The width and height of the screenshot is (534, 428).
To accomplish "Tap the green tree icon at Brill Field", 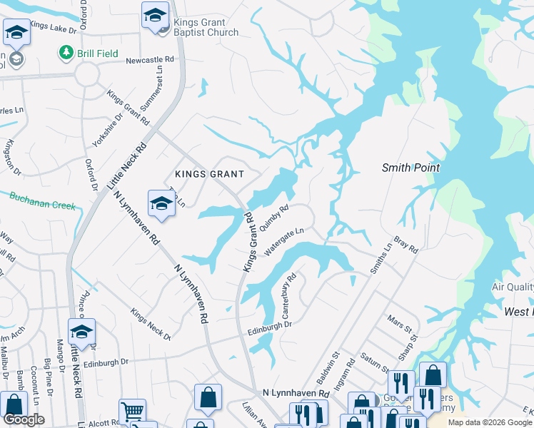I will [x=66, y=53].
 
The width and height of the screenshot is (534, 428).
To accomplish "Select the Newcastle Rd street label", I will [x=150, y=61].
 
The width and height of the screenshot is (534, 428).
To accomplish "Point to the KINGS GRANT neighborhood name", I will [x=210, y=174].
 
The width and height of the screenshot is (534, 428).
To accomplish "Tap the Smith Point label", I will [x=410, y=168].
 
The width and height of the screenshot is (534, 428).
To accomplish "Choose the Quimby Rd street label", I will [x=274, y=218].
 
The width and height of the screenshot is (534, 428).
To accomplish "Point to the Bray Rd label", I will [x=405, y=244].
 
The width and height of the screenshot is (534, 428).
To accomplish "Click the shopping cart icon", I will [x=131, y=412].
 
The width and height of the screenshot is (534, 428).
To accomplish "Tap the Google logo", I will [x=24, y=419].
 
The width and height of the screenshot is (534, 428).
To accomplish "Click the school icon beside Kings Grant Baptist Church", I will [x=155, y=16].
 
